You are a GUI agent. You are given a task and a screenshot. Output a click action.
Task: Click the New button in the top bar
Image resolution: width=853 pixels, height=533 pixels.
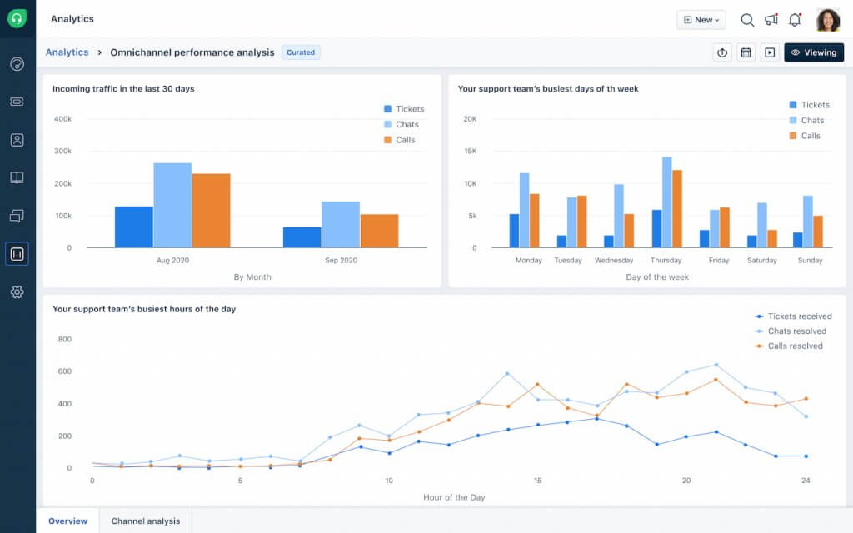click(x=701, y=20)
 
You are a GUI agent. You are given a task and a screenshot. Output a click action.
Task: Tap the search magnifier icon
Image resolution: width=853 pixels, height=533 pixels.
click(x=747, y=20)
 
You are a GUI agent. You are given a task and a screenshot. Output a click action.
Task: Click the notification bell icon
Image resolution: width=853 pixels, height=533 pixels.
click(x=794, y=20)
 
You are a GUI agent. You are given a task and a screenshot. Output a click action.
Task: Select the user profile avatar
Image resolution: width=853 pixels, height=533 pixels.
click(x=827, y=20)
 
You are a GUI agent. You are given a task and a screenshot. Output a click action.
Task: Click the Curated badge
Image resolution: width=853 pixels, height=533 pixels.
click(x=301, y=52)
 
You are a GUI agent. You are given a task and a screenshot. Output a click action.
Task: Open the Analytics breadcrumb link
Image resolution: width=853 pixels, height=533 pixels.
click(x=67, y=52)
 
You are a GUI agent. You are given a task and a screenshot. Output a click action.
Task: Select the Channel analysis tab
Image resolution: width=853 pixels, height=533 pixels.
click(x=145, y=521)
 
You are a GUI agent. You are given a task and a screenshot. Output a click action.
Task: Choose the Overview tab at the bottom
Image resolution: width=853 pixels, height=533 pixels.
click(x=67, y=521)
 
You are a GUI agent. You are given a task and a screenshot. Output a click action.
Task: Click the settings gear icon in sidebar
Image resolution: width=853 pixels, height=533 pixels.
click(x=17, y=292)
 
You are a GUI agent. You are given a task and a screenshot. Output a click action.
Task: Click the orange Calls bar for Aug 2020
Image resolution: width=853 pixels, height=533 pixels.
click(x=211, y=210)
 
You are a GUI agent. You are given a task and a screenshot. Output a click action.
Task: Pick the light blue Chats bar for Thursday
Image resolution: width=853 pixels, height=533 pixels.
click(x=666, y=202)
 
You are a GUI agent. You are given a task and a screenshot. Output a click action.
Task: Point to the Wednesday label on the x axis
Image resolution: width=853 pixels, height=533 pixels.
click(x=614, y=261)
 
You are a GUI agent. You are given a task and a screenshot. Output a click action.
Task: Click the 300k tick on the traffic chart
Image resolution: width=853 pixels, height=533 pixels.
click(x=62, y=152)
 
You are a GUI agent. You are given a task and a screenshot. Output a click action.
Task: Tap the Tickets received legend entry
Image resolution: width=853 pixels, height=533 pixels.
click(x=792, y=316)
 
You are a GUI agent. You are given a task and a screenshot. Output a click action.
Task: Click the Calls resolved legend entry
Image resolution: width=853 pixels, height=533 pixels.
click(x=788, y=346)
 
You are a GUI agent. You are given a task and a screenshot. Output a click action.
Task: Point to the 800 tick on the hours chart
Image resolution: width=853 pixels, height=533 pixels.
click(x=65, y=339)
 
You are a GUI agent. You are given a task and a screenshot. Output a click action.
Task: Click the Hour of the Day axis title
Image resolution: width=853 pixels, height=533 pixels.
click(x=454, y=497)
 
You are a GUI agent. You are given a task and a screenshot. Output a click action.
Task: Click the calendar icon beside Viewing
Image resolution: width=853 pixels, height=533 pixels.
click(x=746, y=52)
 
